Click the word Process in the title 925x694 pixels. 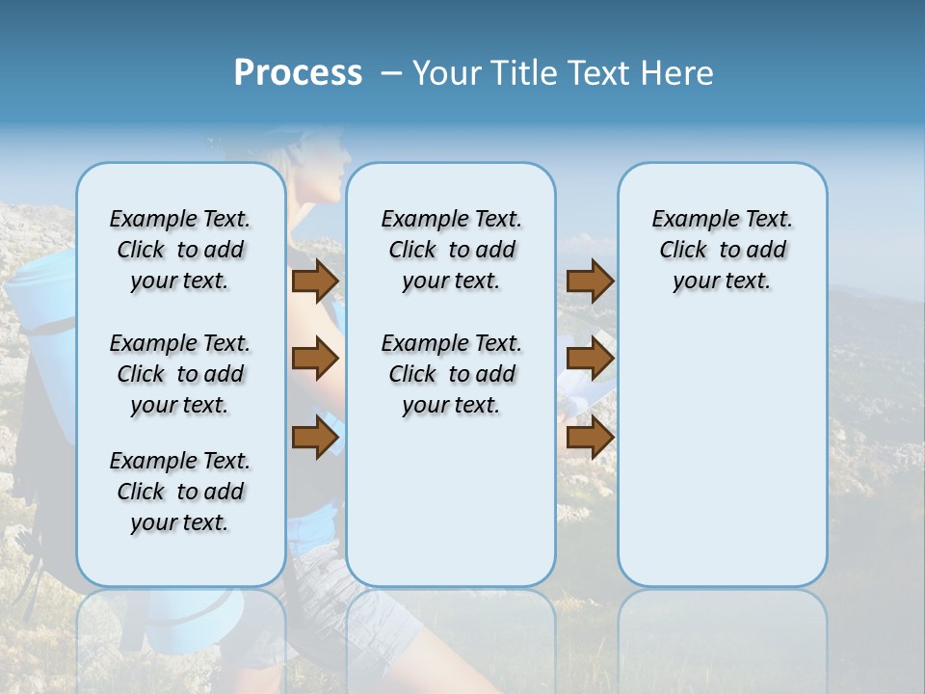[298, 73]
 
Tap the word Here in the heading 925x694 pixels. [678, 73]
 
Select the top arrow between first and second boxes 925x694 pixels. [314, 281]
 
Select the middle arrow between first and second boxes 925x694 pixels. [314, 359]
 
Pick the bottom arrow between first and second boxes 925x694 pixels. [314, 437]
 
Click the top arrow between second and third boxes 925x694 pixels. [590, 281]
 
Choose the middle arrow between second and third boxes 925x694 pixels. [590, 359]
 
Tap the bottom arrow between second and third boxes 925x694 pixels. [590, 437]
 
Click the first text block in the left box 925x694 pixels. [180, 250]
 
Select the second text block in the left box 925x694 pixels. [180, 374]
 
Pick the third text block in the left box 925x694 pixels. [180, 492]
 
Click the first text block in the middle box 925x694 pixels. [452, 250]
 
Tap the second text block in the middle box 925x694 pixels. [452, 374]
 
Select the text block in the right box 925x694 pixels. [723, 250]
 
